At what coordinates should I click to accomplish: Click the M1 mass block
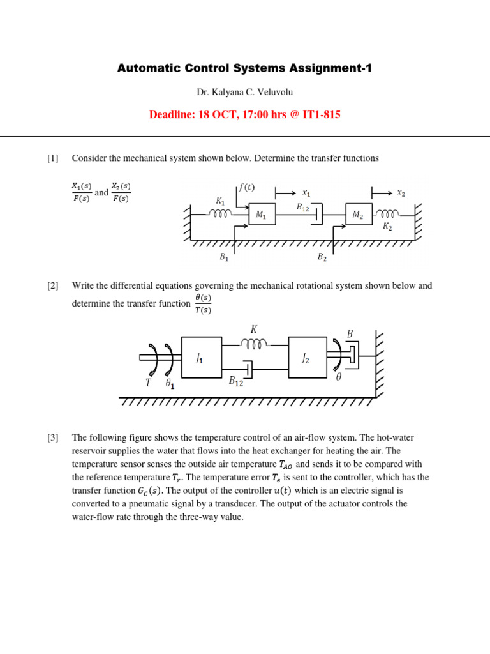262,216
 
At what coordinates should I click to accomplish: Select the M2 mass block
358,216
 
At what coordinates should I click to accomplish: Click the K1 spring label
220,200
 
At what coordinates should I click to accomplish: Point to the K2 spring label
387,227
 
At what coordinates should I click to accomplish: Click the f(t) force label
246,188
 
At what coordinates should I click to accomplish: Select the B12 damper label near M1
302,207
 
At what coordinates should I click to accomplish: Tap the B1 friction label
224,257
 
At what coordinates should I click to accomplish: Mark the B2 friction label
322,257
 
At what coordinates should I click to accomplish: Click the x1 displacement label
306,192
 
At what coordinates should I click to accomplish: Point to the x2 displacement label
401,192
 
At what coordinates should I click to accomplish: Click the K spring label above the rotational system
254,330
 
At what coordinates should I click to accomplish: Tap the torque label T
148,383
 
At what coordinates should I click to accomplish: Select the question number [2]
52,285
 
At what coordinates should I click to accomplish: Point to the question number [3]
52,437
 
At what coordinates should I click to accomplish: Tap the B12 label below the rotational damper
236,381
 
